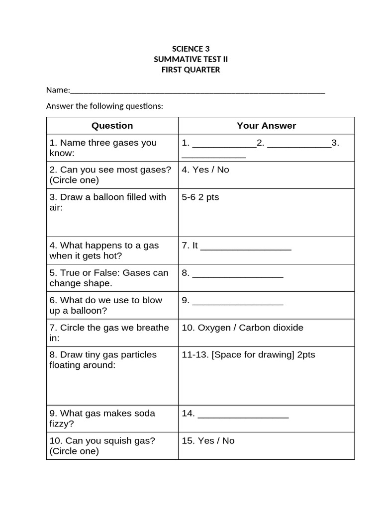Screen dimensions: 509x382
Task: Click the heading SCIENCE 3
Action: (191, 49)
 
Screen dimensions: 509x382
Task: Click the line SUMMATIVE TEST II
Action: (191, 59)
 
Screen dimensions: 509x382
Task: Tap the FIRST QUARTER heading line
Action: (191, 70)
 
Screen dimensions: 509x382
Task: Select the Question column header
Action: (112, 126)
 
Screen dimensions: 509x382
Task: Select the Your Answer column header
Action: (266, 126)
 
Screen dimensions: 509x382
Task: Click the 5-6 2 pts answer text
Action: (200, 197)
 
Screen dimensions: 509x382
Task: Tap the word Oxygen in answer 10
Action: (214, 328)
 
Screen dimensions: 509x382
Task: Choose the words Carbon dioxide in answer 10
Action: (271, 328)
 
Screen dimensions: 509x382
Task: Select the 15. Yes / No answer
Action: (208, 440)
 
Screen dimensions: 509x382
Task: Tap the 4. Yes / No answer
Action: (205, 170)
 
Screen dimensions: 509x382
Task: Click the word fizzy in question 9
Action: (62, 424)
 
